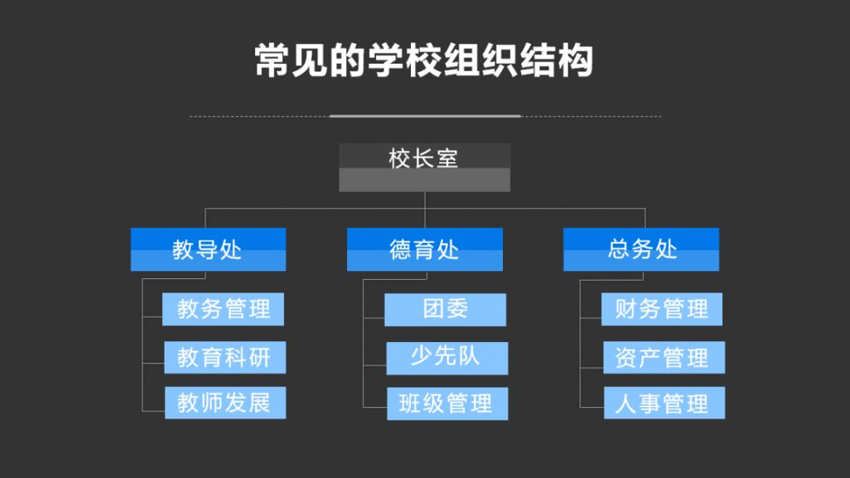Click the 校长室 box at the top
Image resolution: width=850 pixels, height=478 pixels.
[x=424, y=167]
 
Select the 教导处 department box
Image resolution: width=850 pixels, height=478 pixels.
[x=208, y=250]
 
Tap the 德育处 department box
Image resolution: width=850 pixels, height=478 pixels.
[x=424, y=250]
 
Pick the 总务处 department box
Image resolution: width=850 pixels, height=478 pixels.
[x=641, y=250]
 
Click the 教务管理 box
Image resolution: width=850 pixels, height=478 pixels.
[x=223, y=309]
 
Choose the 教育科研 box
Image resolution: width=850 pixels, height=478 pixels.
[x=224, y=358]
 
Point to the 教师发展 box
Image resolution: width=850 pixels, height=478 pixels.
[x=224, y=403]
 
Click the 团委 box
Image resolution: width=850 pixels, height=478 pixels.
[x=445, y=310]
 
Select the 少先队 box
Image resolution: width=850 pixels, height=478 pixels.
[x=446, y=358]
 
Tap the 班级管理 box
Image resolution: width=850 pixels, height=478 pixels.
[x=446, y=404]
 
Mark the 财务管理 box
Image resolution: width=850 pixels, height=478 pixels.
[x=661, y=309]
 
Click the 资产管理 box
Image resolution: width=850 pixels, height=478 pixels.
[x=663, y=358]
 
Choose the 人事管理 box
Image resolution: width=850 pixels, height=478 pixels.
[x=663, y=404]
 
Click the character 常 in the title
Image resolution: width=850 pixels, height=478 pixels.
[x=273, y=61]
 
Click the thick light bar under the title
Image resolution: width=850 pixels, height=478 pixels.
[x=425, y=116]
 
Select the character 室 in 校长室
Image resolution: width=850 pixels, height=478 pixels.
[x=447, y=158]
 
